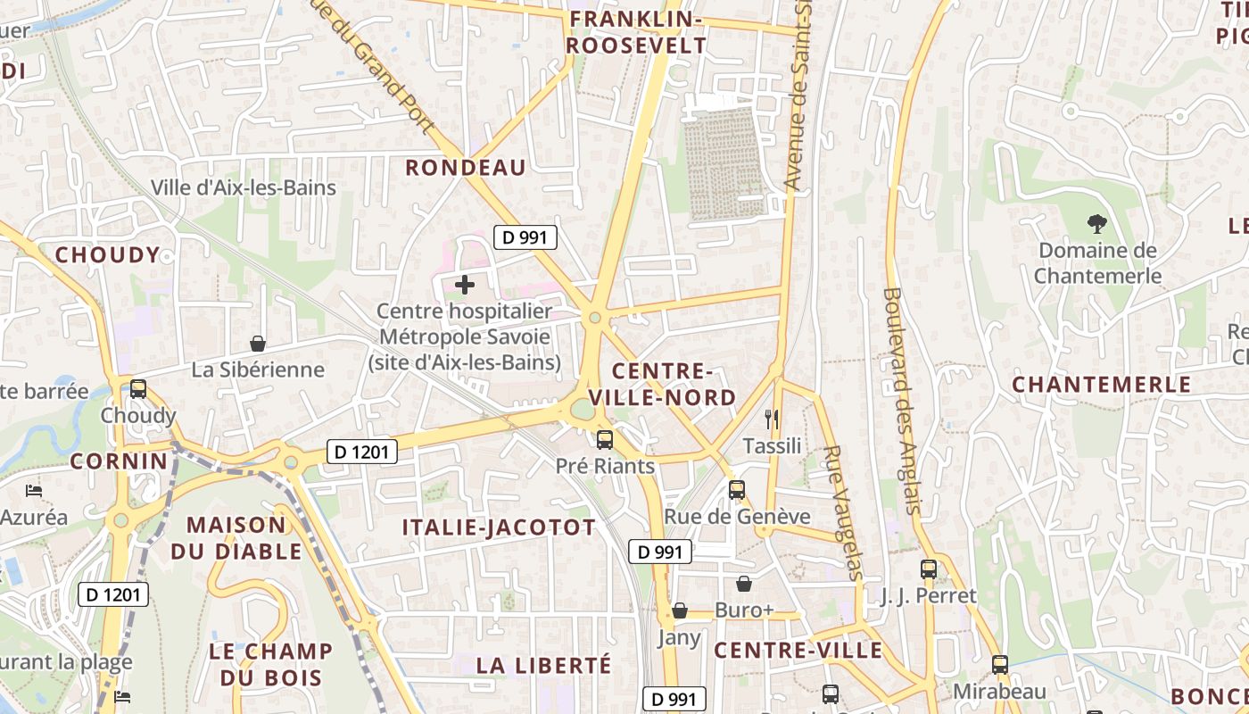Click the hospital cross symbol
tap(465, 286)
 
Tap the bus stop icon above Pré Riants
tap(605, 439)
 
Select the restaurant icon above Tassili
tap(772, 419)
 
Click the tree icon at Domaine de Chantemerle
tap(1096, 224)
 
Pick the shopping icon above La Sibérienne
tap(258, 343)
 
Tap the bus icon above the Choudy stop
tap(138, 389)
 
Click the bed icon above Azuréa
tap(34, 491)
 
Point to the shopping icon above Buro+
tap(744, 584)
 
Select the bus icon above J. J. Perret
tap(929, 569)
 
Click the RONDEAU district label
tap(466, 168)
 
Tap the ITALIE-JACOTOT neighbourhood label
tap(499, 527)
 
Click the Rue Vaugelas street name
tap(843, 512)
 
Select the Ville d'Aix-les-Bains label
tap(244, 187)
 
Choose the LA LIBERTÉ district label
tap(544, 665)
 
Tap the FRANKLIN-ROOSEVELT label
tap(636, 32)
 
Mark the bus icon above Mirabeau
tap(1000, 665)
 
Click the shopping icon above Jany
tap(680, 610)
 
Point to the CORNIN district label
tap(119, 461)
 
